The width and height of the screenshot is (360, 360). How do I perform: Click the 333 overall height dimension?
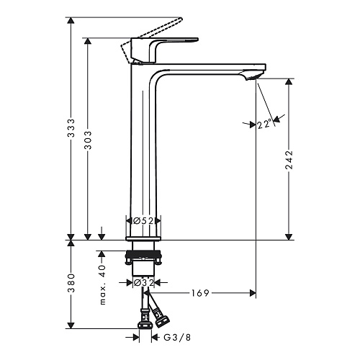(71, 128)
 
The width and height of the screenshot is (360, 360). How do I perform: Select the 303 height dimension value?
(88, 140)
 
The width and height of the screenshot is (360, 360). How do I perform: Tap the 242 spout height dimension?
(289, 160)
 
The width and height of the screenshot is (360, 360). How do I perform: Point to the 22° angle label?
(265, 125)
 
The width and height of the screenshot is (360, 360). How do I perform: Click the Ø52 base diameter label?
(143, 220)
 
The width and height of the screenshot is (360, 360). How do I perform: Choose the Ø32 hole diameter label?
(143, 283)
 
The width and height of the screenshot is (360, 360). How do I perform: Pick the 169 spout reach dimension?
(200, 293)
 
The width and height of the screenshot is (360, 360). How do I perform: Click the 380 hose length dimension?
(71, 283)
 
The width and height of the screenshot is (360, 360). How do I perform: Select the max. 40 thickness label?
(102, 284)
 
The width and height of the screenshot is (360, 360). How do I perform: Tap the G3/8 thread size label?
(177, 338)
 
